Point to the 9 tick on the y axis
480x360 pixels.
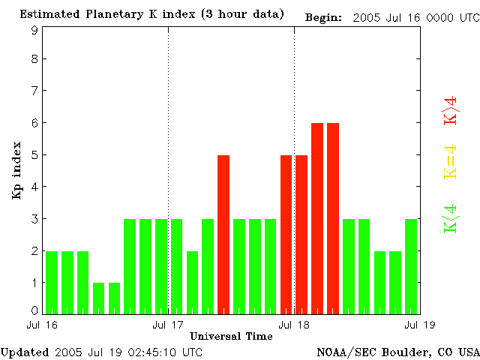(34, 31)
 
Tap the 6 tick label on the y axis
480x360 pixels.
(34, 123)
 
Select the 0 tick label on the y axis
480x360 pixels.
(34, 310)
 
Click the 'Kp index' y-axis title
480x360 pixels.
(16, 170)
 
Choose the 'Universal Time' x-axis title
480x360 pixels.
(231, 336)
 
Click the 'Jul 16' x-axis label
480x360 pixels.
(42, 325)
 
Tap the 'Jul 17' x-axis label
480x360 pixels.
(168, 325)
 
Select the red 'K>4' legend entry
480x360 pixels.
(451, 109)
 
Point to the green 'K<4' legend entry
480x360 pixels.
(451, 219)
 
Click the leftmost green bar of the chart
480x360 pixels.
(52, 282)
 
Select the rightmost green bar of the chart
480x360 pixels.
(411, 266)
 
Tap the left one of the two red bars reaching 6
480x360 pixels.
(317, 218)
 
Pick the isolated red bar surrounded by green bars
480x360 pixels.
(223, 234)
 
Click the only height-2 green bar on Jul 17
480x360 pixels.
(192, 282)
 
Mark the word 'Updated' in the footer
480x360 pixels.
(25, 352)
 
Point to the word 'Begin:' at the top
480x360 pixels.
(324, 16)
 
